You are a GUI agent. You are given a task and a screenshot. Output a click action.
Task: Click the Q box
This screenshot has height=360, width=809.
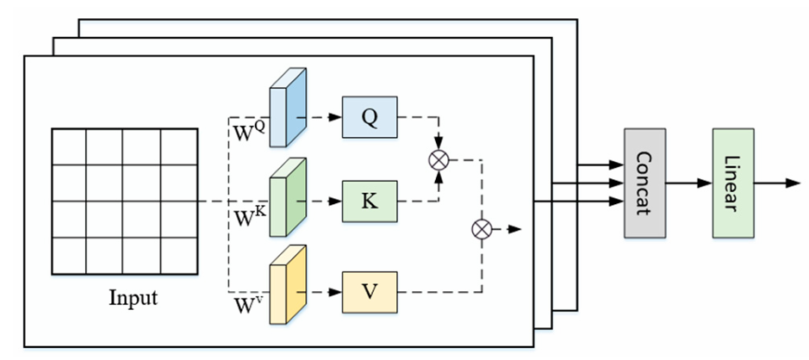369,117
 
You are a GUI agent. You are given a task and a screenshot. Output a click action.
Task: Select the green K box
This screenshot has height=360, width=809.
369,202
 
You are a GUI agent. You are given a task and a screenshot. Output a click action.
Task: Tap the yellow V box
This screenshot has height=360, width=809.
369,291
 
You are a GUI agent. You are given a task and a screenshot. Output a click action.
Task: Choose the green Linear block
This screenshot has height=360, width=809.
733,183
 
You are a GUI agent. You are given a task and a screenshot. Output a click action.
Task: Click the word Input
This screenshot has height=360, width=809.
133,299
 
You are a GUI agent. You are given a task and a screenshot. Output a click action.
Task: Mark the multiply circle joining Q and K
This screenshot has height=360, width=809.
439,159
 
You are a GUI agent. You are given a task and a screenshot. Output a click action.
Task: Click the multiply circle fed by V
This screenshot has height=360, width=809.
481,229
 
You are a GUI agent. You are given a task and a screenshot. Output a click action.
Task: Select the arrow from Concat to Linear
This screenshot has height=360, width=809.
688,183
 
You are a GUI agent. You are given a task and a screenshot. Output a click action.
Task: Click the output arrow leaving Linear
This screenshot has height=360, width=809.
780,183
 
